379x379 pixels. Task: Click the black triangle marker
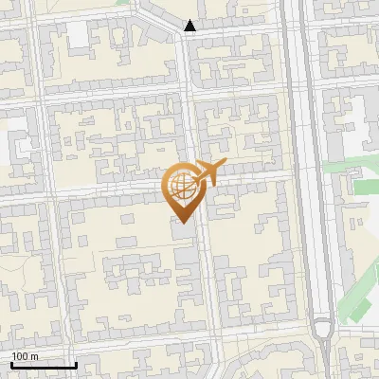190,27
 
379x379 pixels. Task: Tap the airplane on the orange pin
208,173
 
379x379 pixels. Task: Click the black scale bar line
44,366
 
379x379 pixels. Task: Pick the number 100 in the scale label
19,356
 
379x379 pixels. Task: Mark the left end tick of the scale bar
12,364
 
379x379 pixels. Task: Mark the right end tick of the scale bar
75,364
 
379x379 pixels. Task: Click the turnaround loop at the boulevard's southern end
323,331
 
